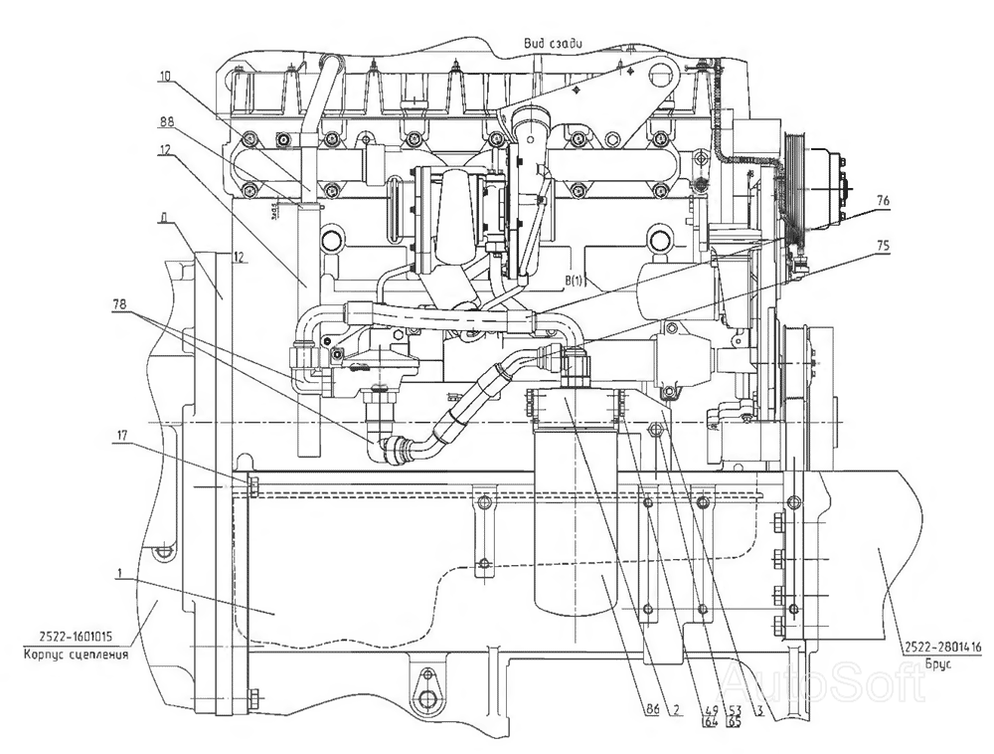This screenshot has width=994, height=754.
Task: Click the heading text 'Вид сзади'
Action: [x=553, y=42]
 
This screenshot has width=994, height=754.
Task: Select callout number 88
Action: [x=166, y=121]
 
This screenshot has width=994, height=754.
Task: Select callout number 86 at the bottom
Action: [x=653, y=709]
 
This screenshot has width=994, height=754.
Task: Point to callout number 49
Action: [x=708, y=709]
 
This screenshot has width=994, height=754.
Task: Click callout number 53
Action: [x=735, y=709]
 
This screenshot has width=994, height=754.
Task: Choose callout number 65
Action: [x=735, y=722]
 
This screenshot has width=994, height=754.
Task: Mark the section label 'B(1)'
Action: [x=576, y=282]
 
